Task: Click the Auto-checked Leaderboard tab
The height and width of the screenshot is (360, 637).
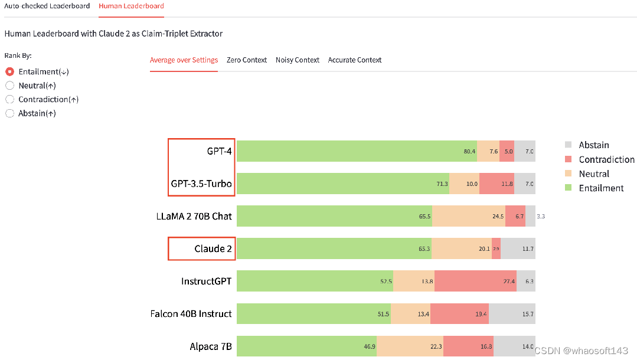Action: [47, 6]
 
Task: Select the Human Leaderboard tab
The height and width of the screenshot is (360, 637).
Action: [131, 6]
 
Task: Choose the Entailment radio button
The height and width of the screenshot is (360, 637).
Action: [9, 71]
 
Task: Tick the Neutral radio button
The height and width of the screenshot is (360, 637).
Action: [9, 86]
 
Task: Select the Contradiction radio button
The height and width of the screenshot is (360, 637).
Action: [9, 99]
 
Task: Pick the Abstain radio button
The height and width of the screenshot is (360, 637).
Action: [9, 113]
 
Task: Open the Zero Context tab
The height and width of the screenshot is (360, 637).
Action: [247, 60]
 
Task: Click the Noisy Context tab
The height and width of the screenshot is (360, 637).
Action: [298, 60]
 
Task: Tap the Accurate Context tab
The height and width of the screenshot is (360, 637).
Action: [355, 60]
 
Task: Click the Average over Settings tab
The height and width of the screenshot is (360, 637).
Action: [184, 60]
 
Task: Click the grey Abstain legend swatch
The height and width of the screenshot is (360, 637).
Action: [569, 145]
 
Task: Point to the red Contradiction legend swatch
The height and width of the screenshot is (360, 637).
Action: [569, 159]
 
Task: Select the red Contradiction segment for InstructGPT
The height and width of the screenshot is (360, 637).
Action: [475, 282]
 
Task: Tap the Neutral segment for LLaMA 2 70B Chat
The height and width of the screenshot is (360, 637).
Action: [469, 216]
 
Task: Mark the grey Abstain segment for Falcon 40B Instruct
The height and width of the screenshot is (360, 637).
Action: [512, 313]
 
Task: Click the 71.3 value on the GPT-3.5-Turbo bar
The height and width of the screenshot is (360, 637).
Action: [442, 184]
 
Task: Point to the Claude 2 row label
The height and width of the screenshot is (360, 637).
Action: [213, 248]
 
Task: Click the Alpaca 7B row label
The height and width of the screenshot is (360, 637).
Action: [211, 346]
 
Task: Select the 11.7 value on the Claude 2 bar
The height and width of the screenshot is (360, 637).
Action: [528, 249]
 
